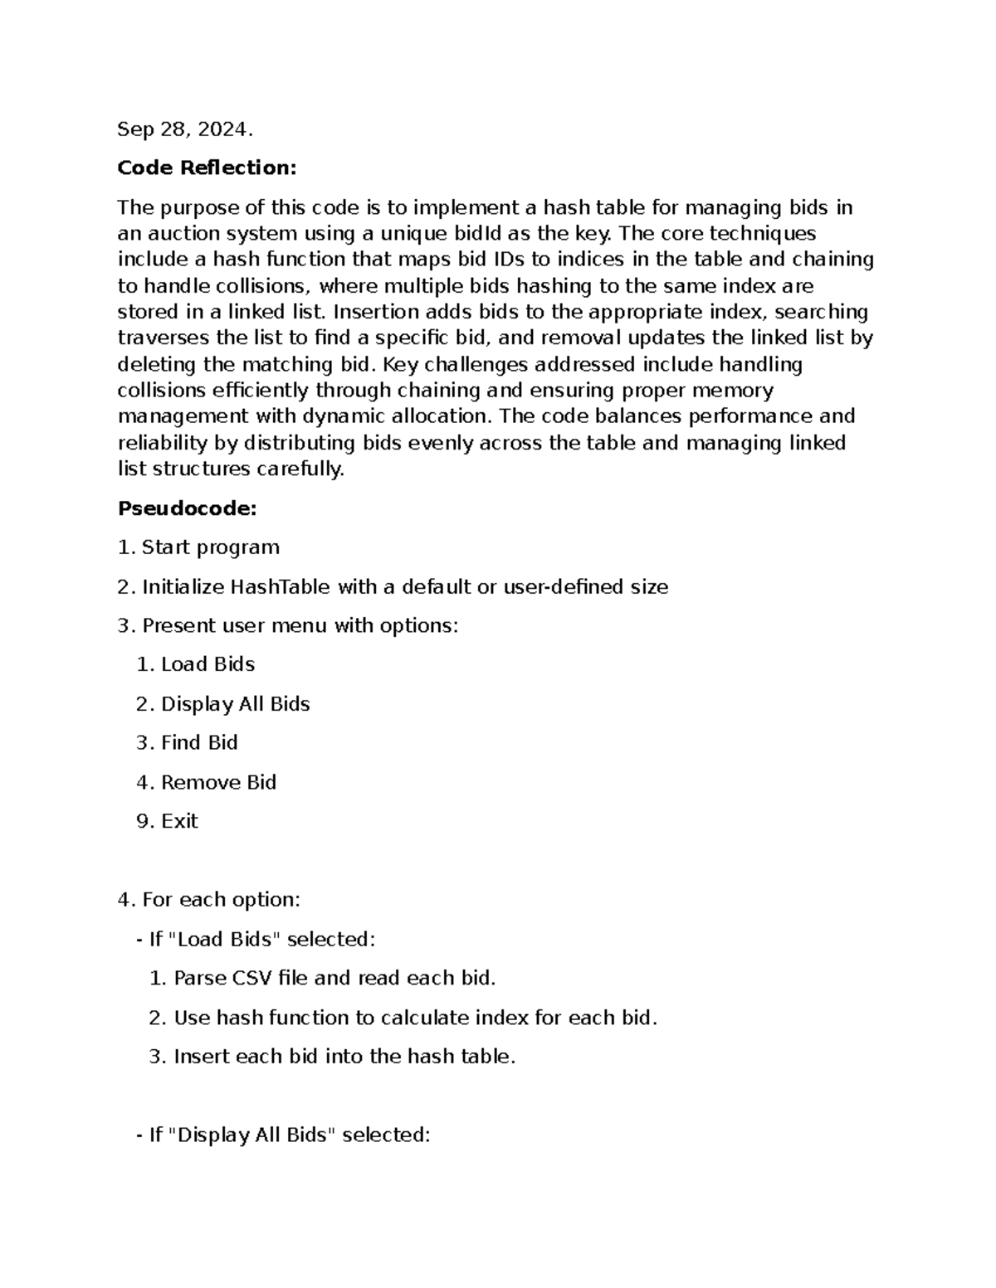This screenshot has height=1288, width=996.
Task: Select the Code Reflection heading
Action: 207,168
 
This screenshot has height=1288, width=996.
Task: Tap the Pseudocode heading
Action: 187,508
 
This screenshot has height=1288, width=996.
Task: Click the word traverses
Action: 164,338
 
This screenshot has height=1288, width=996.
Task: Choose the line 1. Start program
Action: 198,547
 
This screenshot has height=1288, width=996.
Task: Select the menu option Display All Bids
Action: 235,704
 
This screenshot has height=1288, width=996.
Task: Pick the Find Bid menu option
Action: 199,743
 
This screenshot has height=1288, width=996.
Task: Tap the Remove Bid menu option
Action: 218,782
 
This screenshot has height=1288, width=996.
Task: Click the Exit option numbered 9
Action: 179,821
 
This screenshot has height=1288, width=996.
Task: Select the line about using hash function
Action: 415,1018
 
